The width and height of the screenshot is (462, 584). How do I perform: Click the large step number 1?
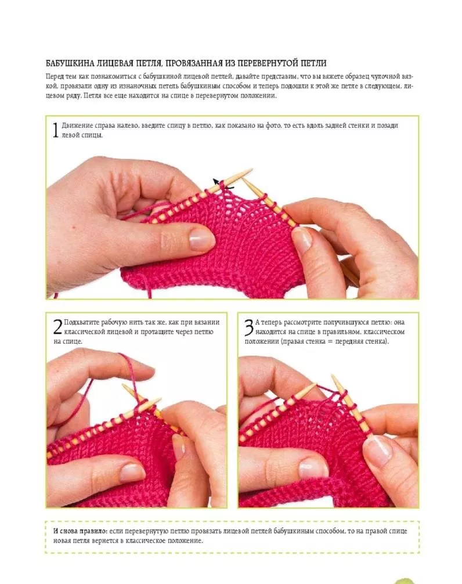pyautogui.click(x=55, y=130)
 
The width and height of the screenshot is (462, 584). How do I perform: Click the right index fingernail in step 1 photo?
pyautogui.click(x=302, y=239)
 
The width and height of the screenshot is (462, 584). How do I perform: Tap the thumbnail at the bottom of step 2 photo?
pyautogui.click(x=132, y=472)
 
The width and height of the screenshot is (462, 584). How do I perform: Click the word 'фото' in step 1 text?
pyautogui.click(x=273, y=125)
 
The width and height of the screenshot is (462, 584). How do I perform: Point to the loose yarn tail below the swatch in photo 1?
pyautogui.click(x=149, y=289)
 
